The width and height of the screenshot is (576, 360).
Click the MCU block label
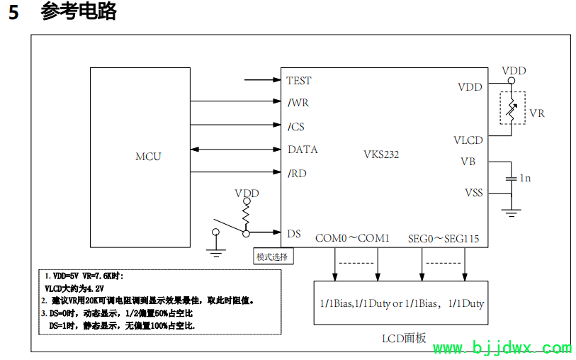148,156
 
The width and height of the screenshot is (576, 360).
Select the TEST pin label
298,81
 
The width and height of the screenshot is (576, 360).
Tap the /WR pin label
298,103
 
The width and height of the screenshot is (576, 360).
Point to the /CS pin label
296,127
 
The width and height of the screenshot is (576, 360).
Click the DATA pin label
303,150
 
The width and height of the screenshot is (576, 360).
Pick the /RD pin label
298,173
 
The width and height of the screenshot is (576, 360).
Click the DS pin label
294,233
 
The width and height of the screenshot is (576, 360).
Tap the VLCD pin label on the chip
468,140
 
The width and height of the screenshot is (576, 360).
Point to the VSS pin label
473,193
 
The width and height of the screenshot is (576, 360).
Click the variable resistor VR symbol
512,108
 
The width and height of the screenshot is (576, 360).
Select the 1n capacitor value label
525,178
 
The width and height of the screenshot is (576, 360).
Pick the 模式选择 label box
273,257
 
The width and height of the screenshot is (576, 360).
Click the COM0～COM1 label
352,238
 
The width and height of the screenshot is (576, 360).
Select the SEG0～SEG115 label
444,238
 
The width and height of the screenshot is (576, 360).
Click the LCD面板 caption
405,338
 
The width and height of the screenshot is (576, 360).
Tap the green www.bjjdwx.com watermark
502,348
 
